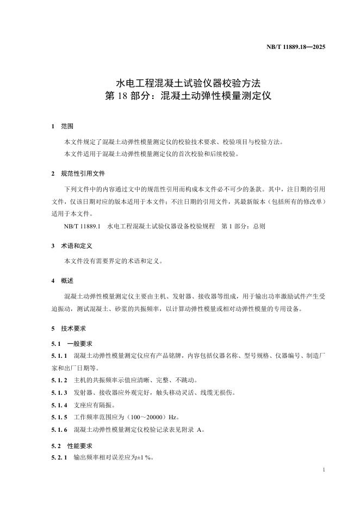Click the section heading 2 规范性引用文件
pyautogui.click(x=78, y=174)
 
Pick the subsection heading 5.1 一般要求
pyautogui.click(x=71, y=344)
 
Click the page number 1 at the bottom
pyautogui.click(x=324, y=469)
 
